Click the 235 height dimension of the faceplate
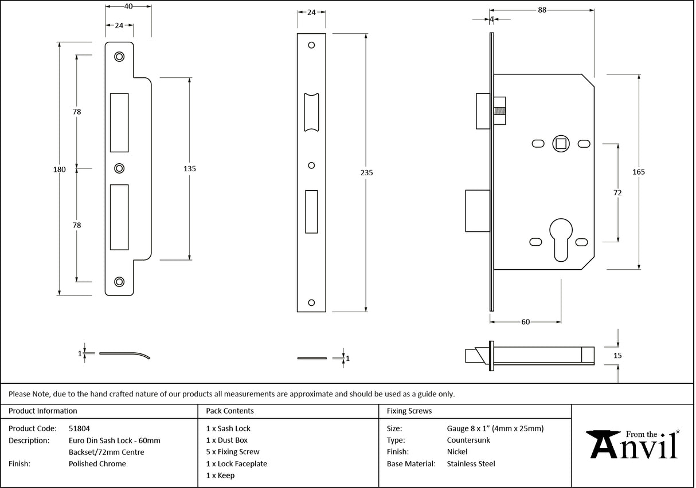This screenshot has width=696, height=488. [367, 172]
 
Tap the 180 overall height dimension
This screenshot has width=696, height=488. [60, 169]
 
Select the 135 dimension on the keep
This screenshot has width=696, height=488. [190, 168]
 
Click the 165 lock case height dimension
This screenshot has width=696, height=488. [639, 172]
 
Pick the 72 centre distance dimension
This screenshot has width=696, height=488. [617, 193]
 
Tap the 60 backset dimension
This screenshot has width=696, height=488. [525, 322]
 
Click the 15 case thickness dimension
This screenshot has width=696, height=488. [617, 356]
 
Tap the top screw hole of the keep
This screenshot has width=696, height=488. [119, 56]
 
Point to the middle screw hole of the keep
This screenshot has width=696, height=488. [119, 168]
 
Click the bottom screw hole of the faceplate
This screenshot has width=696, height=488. [311, 302]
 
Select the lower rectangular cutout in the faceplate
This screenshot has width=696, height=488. [311, 212]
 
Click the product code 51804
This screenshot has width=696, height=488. [79, 428]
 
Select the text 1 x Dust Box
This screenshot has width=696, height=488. [227, 440]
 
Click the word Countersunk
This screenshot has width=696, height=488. [468, 440]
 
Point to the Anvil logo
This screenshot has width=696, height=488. [634, 444]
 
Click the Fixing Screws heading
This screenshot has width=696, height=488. [409, 411]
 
